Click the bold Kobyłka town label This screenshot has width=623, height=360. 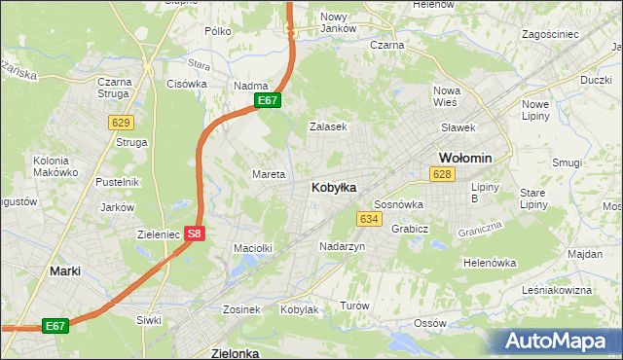[x=333, y=186]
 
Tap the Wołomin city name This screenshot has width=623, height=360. [x=465, y=157]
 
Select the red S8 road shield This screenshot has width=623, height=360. [x=195, y=233]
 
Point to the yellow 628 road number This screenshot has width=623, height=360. [x=443, y=173]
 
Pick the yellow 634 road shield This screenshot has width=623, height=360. [x=368, y=219]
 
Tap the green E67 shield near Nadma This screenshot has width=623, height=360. [x=269, y=100]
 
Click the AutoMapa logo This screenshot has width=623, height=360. [x=559, y=342]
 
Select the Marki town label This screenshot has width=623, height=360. [x=65, y=271]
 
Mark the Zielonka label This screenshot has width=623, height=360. [x=236, y=353]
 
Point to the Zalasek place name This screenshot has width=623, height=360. [x=328, y=126]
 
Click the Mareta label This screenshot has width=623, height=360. [x=269, y=174]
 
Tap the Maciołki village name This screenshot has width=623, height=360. [x=252, y=248]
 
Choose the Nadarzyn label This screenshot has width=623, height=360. [x=343, y=247]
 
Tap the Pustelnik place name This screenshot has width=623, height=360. [x=118, y=182]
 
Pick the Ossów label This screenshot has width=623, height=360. [x=429, y=322]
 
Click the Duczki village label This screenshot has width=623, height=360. [x=596, y=81]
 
